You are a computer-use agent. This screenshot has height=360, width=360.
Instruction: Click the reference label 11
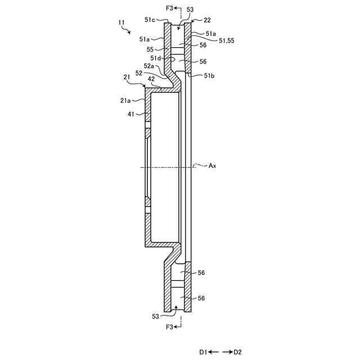pyautogui.click(x=121, y=22)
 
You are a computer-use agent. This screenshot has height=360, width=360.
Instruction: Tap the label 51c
pyautogui.click(x=150, y=20)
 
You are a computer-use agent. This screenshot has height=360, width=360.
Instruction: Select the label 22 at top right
pyautogui.click(x=207, y=20)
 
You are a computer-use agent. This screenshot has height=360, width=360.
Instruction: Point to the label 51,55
pyautogui.click(x=226, y=41)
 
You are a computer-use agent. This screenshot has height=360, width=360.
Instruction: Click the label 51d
pyautogui.click(x=156, y=57)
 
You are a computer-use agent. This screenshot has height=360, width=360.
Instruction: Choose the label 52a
pyautogui.click(x=148, y=66)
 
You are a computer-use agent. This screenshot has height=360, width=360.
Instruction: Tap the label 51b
pyautogui.click(x=209, y=75)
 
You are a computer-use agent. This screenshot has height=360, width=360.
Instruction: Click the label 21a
pyautogui.click(x=125, y=100)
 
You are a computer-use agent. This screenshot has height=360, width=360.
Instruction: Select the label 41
pyautogui.click(x=131, y=114)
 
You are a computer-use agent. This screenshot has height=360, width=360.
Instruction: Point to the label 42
pyautogui.click(x=151, y=79)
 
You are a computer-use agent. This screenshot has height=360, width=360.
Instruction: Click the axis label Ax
pyautogui.click(x=213, y=165)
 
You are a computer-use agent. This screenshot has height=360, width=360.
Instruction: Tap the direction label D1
pyautogui.click(x=203, y=352)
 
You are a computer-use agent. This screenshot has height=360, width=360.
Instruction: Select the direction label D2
pyautogui.click(x=237, y=352)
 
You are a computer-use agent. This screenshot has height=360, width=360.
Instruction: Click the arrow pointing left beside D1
pyautogui.click(x=214, y=352)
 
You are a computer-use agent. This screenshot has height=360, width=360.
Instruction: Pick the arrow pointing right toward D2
pyautogui.click(x=228, y=352)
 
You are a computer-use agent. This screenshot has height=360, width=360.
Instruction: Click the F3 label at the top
pyautogui.click(x=169, y=8)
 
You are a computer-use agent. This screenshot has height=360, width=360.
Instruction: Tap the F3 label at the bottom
pyautogui.click(x=169, y=327)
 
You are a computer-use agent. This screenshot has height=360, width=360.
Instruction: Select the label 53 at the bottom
pyautogui.click(x=155, y=316)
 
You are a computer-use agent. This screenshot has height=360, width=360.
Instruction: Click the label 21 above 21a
pyautogui.click(x=127, y=78)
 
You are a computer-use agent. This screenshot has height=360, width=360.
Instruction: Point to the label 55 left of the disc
pyautogui.click(x=150, y=49)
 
